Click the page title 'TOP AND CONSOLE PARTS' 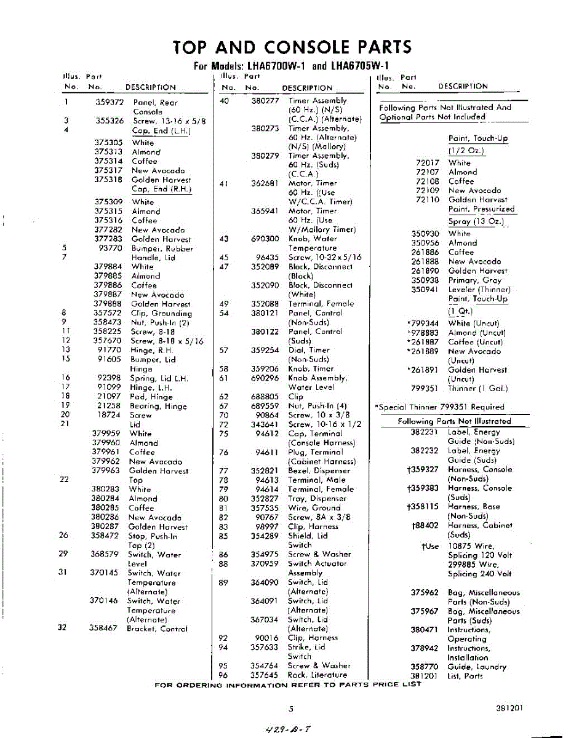pyautogui.click(x=292, y=47)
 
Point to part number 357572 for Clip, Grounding pyautogui.click(x=108, y=313)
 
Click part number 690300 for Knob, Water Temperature pyautogui.click(x=265, y=239)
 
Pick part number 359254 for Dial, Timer pyautogui.click(x=265, y=350)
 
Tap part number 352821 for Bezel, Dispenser pyautogui.click(x=265, y=470)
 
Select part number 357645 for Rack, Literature pyautogui.click(x=265, y=675)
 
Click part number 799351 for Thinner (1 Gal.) pyautogui.click(x=425, y=389)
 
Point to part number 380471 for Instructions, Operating pyautogui.click(x=424, y=630)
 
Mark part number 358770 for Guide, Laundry pyautogui.click(x=424, y=667)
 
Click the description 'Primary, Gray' pyautogui.click(x=474, y=280)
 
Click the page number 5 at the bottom pyautogui.click(x=290, y=708)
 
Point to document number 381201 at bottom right pyautogui.click(x=509, y=708)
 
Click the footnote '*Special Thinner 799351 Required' pyautogui.click(x=439, y=407)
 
